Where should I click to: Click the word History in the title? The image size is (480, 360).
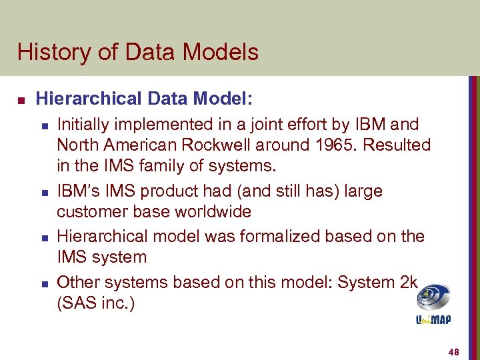pyautogui.click(x=51, y=52)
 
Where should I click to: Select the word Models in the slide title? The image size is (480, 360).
pyautogui.click(x=224, y=52)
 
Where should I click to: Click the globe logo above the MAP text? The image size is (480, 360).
pyautogui.click(x=433, y=297)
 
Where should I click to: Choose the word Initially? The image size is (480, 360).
pyautogui.click(x=83, y=124)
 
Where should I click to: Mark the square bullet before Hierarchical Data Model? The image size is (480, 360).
pyautogui.click(x=21, y=100)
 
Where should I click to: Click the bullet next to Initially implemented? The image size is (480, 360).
pyautogui.click(x=44, y=125)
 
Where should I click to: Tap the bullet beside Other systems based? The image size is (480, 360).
pyautogui.click(x=44, y=283)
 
